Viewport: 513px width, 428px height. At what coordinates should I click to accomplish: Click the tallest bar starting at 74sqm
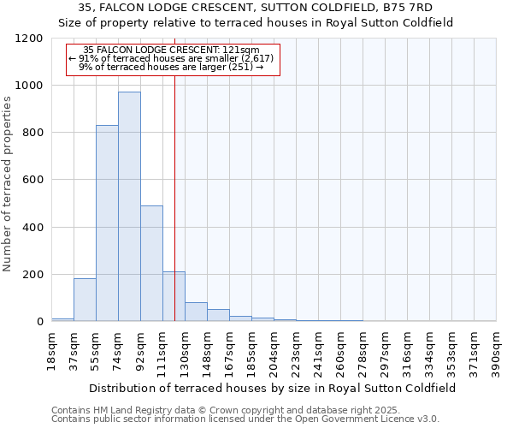(129, 206)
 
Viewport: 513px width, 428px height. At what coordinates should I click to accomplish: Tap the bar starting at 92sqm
(151, 264)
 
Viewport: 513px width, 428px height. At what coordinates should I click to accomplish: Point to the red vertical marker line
(174, 197)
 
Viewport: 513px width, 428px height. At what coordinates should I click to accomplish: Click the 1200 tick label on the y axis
(28, 39)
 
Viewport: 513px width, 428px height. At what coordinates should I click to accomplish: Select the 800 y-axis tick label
(32, 133)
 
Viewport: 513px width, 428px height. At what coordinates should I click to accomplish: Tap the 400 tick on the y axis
(32, 228)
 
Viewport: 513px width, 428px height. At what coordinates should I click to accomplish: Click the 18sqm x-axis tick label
(51, 350)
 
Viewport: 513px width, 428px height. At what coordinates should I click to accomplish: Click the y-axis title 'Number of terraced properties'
(9, 184)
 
